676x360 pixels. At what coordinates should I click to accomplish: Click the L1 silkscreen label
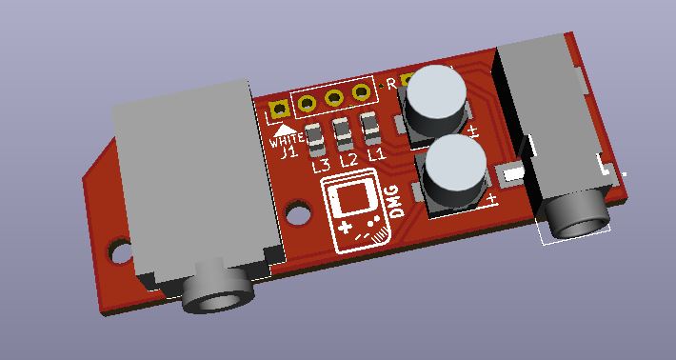click(x=376, y=154)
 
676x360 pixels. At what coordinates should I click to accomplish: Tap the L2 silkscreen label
click(x=348, y=159)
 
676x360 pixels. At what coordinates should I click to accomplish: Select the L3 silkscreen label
click(x=321, y=165)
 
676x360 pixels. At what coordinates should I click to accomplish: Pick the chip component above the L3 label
click(x=315, y=140)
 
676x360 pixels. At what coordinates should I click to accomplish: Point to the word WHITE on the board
click(x=287, y=140)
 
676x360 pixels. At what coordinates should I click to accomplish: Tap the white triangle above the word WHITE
click(x=285, y=130)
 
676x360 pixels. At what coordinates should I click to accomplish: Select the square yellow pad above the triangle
click(x=280, y=110)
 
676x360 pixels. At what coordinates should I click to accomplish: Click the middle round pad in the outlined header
click(x=334, y=97)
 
